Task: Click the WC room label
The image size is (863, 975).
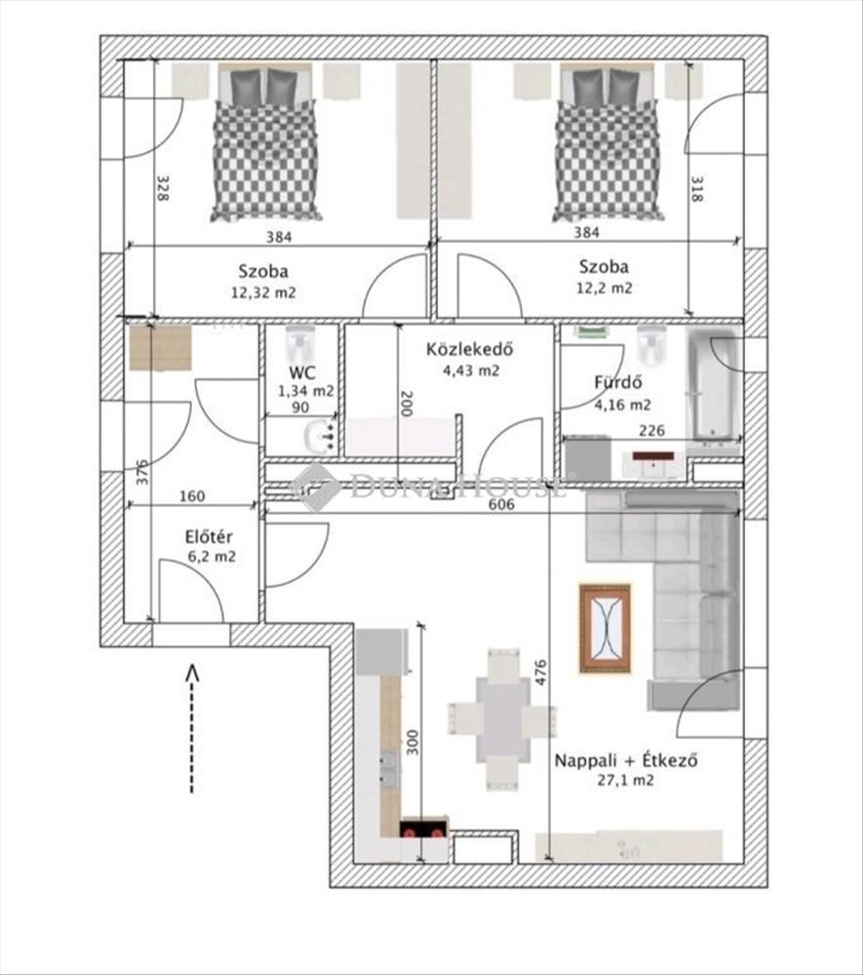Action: point(301,372)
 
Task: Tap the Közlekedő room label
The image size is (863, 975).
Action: point(469,349)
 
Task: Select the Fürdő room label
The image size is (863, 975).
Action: point(618,382)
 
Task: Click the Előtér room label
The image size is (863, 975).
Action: point(209,536)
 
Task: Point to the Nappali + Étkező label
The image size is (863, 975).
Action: point(625,760)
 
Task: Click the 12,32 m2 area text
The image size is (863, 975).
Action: point(263,292)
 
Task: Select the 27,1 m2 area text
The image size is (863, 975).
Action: point(625,780)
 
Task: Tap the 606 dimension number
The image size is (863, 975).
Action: point(501,504)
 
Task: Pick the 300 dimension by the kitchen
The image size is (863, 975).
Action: point(412,742)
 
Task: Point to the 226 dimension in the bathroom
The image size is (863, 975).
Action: point(651,430)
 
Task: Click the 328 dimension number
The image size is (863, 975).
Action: point(163,188)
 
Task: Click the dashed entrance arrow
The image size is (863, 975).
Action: point(192,728)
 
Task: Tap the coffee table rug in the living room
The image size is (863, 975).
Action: point(605,628)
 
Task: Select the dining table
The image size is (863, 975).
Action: point(502,720)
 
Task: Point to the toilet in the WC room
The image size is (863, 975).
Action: point(301,345)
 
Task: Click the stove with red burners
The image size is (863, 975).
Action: point(423,829)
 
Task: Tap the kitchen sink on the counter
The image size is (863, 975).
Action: point(388,768)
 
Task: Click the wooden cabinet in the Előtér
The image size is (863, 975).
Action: point(161,348)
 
